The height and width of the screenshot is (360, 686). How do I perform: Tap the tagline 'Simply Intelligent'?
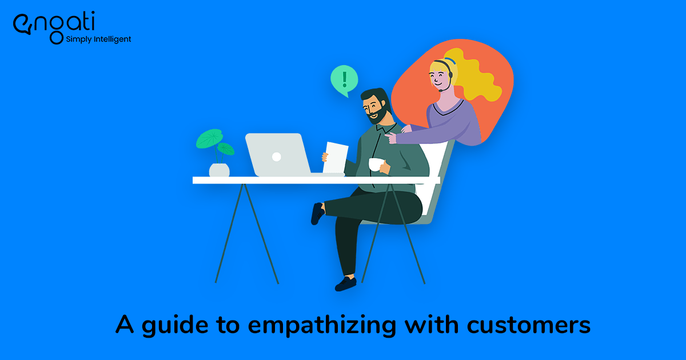tap(98, 39)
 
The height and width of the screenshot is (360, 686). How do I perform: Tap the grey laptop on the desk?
tap(277, 154)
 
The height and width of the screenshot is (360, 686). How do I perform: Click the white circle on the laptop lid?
tap(276, 156)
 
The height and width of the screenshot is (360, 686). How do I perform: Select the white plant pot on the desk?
tap(219, 170)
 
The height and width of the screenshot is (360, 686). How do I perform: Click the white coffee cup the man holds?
tap(375, 165)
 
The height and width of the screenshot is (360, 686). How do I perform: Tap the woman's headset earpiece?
tap(452, 74)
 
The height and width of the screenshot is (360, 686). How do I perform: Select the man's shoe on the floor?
tap(346, 283)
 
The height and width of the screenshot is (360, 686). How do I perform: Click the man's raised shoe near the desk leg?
tap(317, 213)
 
